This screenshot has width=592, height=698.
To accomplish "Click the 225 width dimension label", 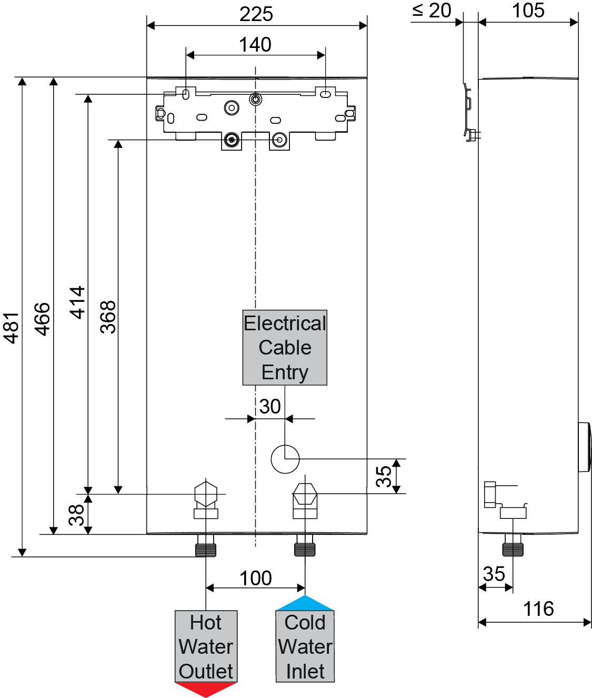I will pyautogui.click(x=256, y=14).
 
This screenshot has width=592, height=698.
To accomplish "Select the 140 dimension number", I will pyautogui.click(x=255, y=45).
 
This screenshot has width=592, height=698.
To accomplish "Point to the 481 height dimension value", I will pyautogui.click(x=12, y=328).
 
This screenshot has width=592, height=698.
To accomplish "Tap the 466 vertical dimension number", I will pyautogui.click(x=42, y=319).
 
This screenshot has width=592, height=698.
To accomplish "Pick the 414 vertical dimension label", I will pyautogui.click(x=78, y=302).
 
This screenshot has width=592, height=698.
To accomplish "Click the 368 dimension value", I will pyautogui.click(x=108, y=317).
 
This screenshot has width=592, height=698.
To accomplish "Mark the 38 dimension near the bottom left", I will pyautogui.click(x=77, y=515).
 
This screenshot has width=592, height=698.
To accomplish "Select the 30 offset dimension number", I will pyautogui.click(x=270, y=407).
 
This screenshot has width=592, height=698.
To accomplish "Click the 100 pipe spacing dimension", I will pyautogui.click(x=256, y=578).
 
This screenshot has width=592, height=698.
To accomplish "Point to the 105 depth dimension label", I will pyautogui.click(x=528, y=11).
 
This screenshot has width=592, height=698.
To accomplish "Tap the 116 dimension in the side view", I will pyautogui.click(x=538, y=609).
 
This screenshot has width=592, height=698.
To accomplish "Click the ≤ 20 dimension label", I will pyautogui.click(x=432, y=11).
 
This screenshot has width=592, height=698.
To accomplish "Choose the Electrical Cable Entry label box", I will pyautogui.click(x=285, y=348).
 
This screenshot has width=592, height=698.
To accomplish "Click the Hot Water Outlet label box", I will pyautogui.click(x=206, y=646).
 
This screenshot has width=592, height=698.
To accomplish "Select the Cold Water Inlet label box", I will pyautogui.click(x=305, y=646).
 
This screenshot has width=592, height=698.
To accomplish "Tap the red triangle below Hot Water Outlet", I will pyautogui.click(x=206, y=689).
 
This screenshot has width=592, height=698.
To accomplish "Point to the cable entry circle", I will pyautogui.click(x=285, y=459).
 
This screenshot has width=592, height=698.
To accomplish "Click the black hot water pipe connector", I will pyautogui.click(x=206, y=550).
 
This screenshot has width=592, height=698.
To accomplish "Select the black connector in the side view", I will pyautogui.click(x=513, y=550).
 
